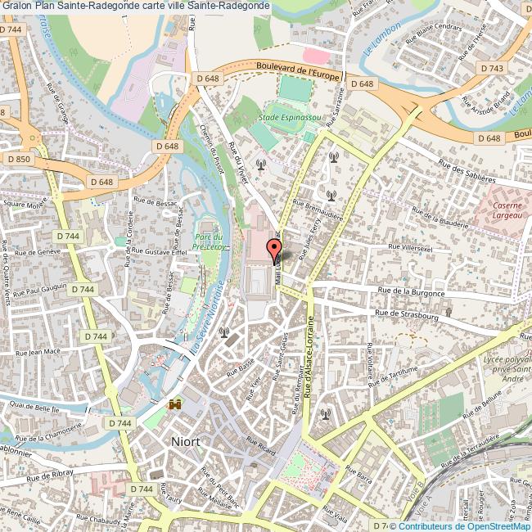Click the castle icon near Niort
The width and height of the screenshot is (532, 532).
(175, 404)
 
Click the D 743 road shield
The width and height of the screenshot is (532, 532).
(493, 69)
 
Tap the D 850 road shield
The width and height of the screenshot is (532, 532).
(17, 158)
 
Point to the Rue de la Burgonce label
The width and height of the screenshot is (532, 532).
(411, 291)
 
